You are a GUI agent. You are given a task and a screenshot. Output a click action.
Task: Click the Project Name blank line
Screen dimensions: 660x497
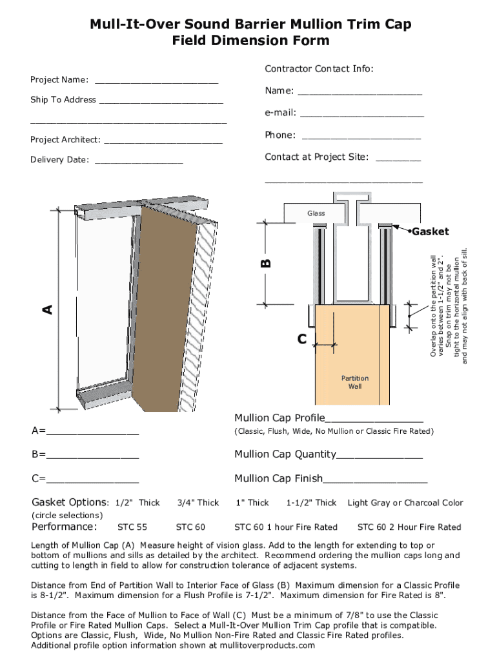(x=156, y=82)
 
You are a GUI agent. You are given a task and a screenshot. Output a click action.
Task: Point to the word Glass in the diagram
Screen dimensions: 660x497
(x=316, y=213)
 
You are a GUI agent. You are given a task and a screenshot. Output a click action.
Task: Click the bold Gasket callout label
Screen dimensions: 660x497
(x=430, y=231)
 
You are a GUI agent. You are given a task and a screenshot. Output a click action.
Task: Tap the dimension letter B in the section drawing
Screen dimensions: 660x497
(x=266, y=263)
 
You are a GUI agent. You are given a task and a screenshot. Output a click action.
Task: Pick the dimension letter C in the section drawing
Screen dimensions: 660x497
(x=301, y=339)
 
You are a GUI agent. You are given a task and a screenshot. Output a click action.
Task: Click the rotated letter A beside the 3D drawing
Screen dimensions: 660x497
(x=47, y=310)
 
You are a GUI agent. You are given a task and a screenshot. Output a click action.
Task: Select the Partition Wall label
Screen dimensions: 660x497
(x=355, y=382)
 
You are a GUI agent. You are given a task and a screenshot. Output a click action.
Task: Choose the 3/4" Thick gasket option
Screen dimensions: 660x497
(x=198, y=503)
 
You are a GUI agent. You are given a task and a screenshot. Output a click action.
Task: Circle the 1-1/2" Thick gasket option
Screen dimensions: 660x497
(x=311, y=503)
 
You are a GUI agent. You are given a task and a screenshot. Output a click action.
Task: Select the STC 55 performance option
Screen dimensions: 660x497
(x=132, y=527)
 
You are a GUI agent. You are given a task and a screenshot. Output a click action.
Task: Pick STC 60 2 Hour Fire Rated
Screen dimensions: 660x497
(x=409, y=527)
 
